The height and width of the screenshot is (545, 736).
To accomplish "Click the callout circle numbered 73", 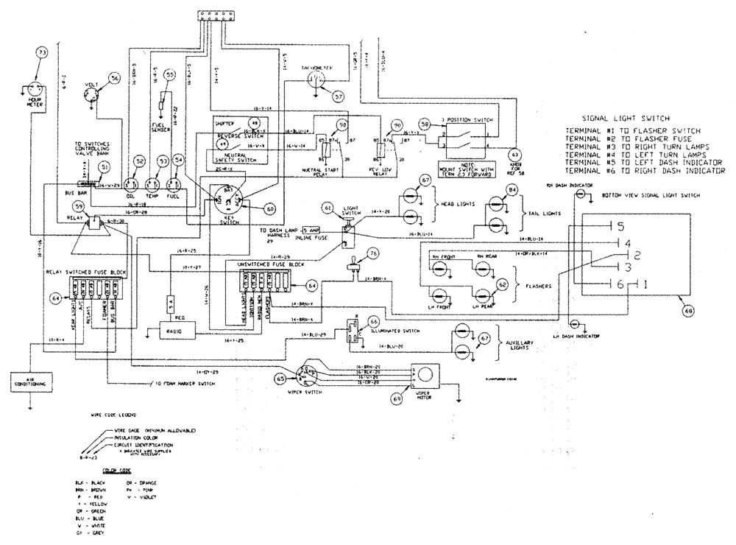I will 41,53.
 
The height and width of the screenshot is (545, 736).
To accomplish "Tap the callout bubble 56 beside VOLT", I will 114,78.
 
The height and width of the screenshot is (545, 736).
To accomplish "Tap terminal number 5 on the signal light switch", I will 620,225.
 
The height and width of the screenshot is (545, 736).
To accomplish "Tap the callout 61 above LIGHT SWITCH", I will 328,208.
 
